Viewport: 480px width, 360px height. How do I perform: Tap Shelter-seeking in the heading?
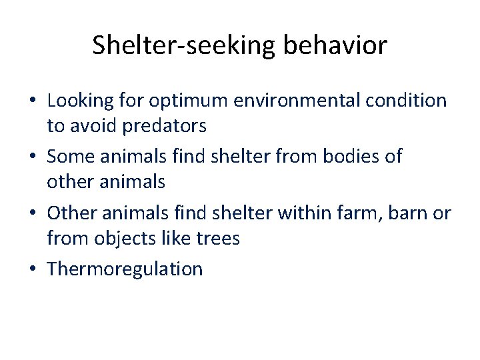coord(184,46)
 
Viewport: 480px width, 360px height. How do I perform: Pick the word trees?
coord(217,237)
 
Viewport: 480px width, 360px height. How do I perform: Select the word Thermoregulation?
coord(125,269)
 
